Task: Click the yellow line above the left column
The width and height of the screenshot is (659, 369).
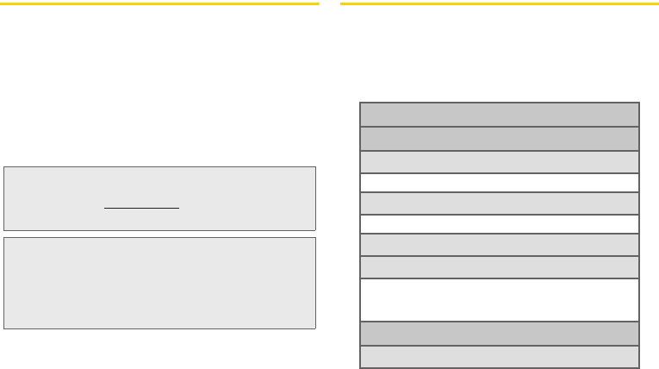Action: point(160,3)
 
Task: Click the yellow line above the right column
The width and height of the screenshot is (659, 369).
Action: point(499,3)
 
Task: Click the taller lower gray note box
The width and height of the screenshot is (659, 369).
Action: point(160,283)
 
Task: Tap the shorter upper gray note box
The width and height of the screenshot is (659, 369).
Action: point(160,198)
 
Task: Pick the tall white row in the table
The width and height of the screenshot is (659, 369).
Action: point(499,300)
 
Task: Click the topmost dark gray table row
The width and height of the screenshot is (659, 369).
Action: point(499,115)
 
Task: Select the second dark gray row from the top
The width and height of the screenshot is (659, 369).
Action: point(499,139)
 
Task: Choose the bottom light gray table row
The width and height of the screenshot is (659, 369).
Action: point(499,357)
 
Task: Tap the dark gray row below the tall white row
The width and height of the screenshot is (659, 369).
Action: point(499,333)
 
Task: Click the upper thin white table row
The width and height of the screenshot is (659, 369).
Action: point(499,182)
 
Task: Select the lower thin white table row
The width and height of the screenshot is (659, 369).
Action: point(499,224)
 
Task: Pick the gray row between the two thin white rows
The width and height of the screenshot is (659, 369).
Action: point(499,203)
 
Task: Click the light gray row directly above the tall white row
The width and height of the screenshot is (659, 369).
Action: point(499,267)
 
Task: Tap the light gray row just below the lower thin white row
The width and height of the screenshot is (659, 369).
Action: point(499,245)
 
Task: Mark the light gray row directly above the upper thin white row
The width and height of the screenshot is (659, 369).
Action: point(499,162)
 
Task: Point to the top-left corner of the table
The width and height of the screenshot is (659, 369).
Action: point(359,103)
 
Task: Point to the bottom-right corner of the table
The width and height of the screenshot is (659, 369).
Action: point(639,368)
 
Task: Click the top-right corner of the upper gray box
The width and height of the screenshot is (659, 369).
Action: point(315,167)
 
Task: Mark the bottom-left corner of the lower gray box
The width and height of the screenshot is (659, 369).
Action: point(4,328)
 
